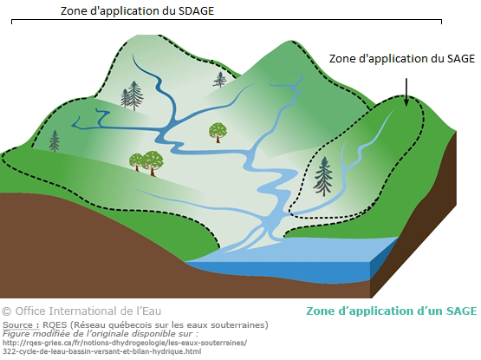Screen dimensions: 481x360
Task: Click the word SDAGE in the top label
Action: pos(196,11)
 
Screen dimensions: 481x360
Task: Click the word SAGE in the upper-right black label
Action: pos(461,58)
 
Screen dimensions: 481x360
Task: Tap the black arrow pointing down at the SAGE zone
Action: pos(406,92)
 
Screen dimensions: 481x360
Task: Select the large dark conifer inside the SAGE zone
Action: pos(323,176)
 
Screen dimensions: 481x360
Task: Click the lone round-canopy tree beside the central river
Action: pos(218,133)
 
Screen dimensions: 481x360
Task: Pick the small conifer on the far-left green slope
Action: pos(55,141)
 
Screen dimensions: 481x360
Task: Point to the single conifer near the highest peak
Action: pos(219,80)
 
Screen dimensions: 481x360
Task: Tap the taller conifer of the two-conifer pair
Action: pos(134,95)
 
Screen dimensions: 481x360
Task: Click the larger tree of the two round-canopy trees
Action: pos(153,163)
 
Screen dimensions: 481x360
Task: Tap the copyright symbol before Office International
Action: pos(6,311)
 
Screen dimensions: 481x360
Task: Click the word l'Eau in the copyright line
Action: pos(149,311)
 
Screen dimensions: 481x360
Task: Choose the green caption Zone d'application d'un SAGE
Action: pos(392,311)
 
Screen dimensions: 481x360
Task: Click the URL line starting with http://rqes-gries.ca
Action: pos(125,343)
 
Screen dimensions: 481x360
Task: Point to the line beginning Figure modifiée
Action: pos(101,334)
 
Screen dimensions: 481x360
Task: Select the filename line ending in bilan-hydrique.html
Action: pos(102,351)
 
